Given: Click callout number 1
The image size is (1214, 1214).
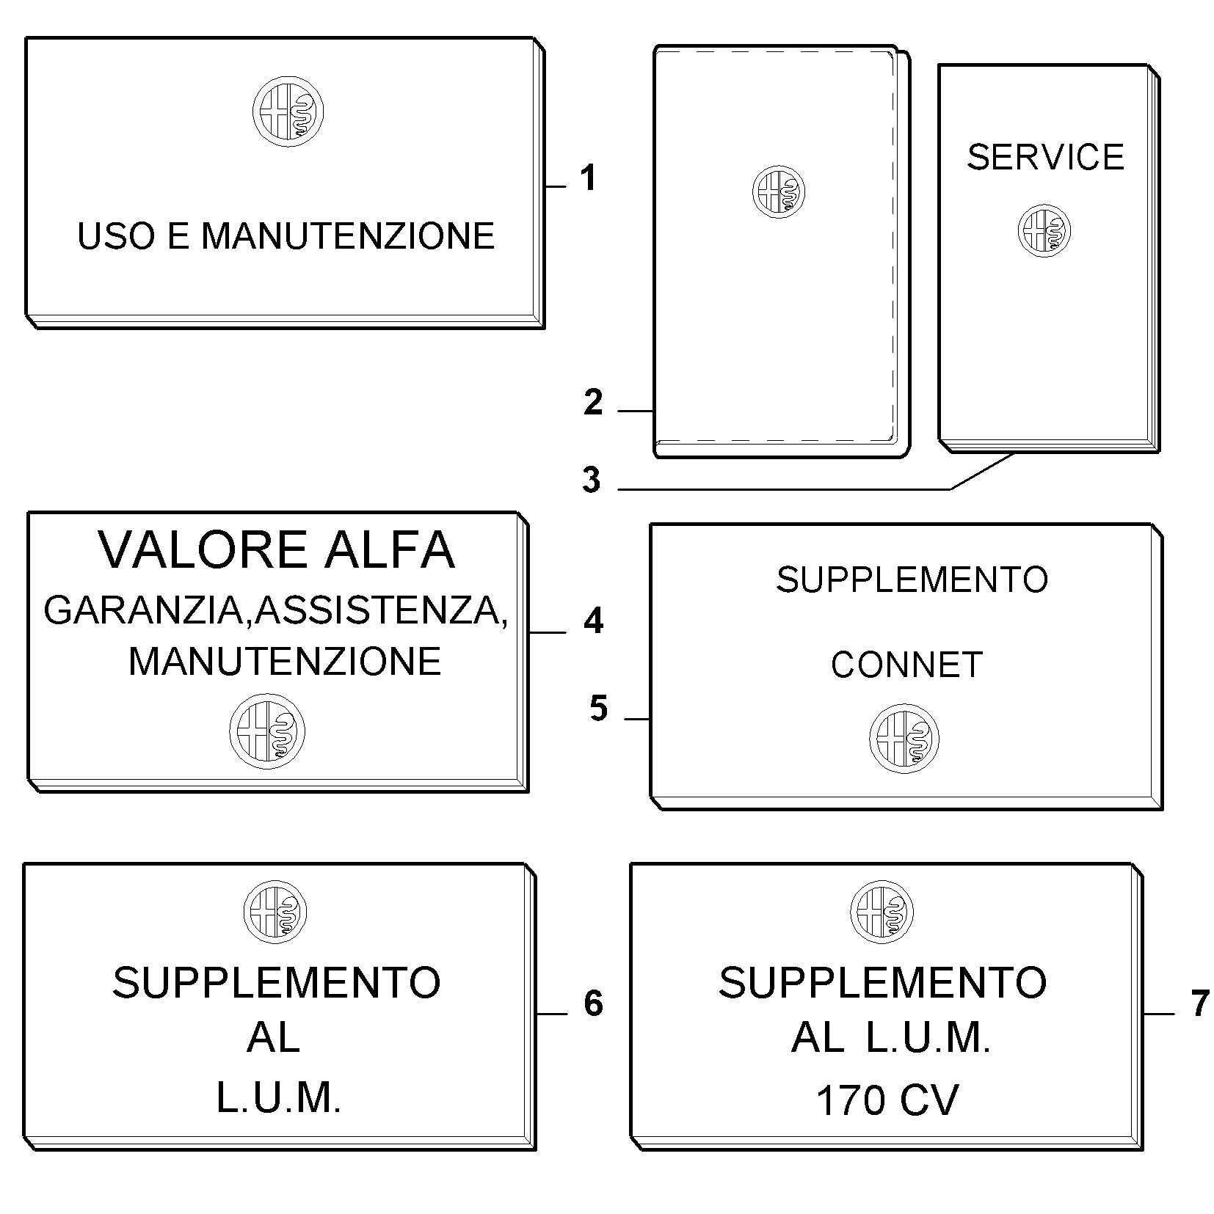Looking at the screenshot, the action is (588, 178).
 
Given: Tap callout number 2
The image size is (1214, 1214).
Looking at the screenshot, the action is (593, 403).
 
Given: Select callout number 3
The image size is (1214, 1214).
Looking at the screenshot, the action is (592, 480).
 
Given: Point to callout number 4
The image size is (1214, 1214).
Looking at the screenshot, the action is (593, 621).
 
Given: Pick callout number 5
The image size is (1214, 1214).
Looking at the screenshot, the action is (599, 709).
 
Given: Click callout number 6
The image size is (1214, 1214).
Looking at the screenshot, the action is (593, 1003).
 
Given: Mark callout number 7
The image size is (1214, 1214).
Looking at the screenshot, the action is (1199, 1003).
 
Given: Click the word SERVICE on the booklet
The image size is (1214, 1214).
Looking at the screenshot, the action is (1045, 157).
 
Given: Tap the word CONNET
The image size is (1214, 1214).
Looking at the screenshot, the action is (906, 665).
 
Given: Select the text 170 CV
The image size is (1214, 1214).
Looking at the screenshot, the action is (887, 1100).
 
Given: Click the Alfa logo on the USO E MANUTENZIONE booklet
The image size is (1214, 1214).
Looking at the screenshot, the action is (288, 112).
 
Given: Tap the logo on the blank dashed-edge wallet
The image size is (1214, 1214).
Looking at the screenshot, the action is (778, 191).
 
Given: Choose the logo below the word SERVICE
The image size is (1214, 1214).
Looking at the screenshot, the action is (1044, 231).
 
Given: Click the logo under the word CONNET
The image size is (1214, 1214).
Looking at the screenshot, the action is (904, 738).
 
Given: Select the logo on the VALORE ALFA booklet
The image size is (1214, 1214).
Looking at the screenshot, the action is (267, 731).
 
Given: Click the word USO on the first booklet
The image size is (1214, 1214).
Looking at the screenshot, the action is (112, 235).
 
